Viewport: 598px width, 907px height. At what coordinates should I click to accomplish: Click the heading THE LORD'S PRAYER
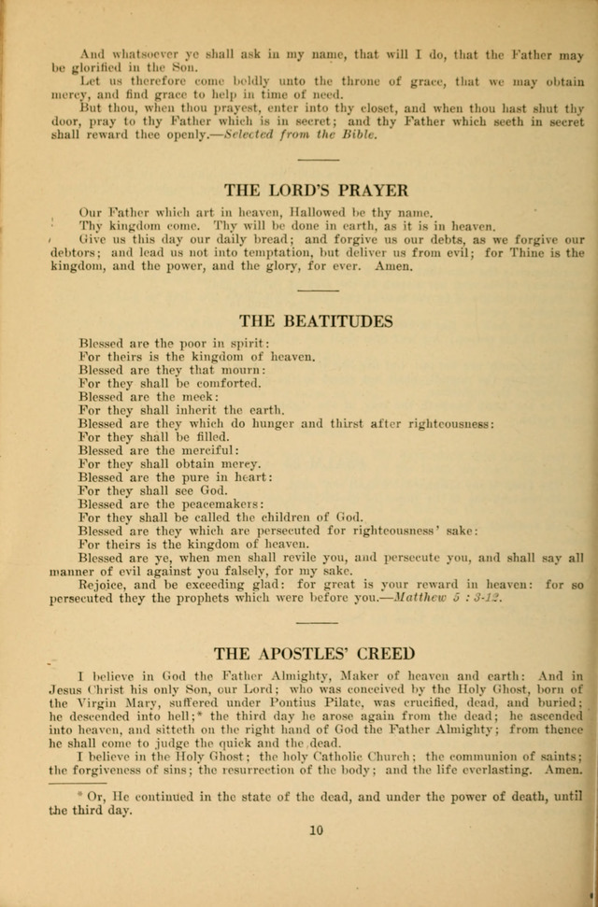[x=315, y=190]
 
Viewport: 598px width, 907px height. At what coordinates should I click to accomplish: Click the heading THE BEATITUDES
[x=315, y=321]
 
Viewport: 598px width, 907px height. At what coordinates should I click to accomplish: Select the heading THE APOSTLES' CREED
[x=315, y=653]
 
